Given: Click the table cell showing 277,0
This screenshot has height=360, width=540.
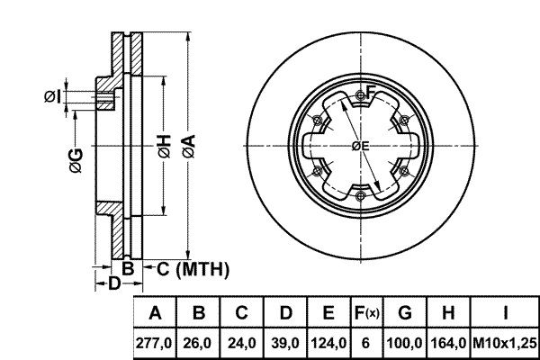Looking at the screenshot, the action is click(154, 343).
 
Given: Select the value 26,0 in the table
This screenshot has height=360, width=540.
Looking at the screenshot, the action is click(198, 343).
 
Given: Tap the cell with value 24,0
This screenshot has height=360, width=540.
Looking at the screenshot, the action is click(242, 343).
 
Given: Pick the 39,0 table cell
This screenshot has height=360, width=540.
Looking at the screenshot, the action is click(285, 343).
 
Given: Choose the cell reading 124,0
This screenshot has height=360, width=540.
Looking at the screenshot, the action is click(328, 343).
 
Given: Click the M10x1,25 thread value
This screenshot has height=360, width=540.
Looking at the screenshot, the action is click(505, 343).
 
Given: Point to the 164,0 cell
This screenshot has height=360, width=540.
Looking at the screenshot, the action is click(448, 343).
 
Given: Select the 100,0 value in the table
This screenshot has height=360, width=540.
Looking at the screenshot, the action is click(405, 343).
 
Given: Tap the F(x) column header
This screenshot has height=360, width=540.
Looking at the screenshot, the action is click(367, 313).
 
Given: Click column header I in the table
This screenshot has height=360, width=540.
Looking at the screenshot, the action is click(505, 313).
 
